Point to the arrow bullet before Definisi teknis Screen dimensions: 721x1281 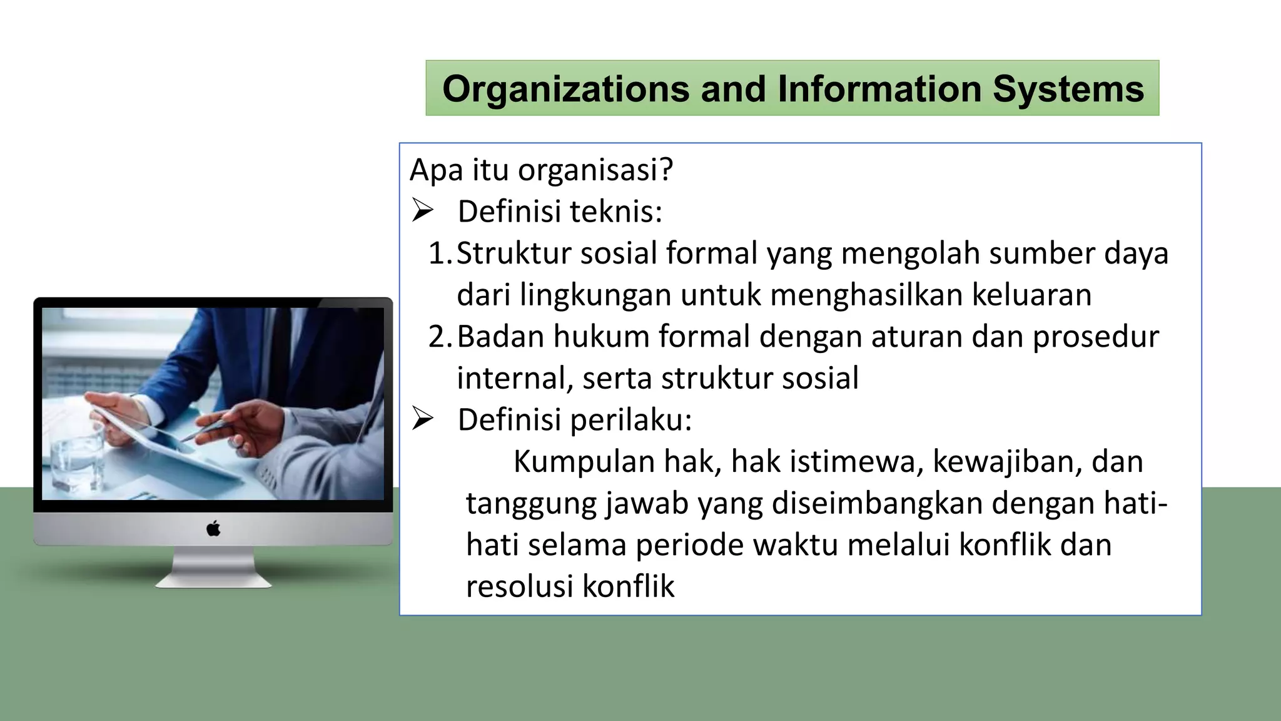(x=423, y=211)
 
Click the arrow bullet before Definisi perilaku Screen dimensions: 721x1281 (x=423, y=419)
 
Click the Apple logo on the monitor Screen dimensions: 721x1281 (x=213, y=529)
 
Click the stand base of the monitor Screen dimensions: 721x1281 (x=214, y=581)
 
